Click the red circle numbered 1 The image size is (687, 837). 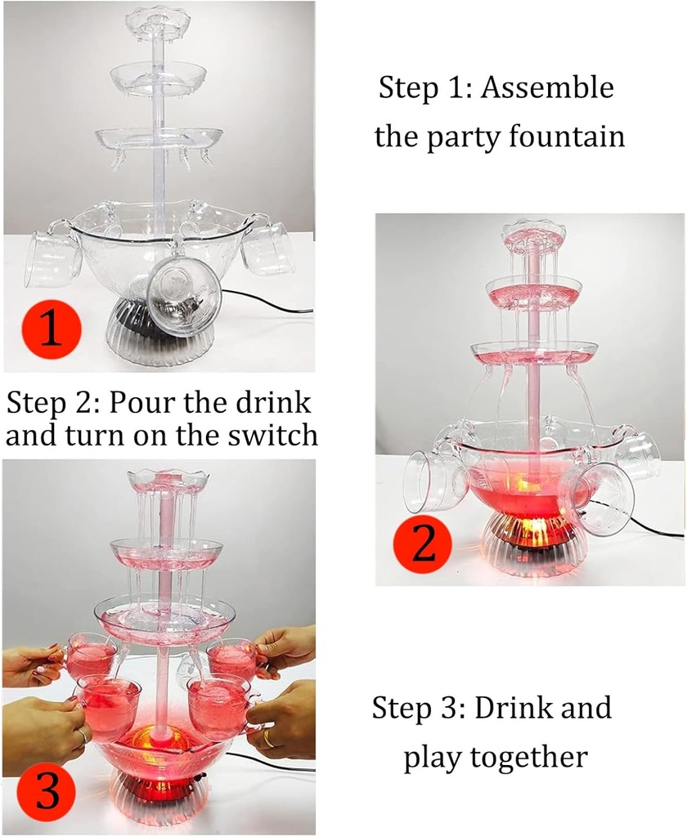point(50,329)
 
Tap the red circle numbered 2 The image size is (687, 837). point(423,544)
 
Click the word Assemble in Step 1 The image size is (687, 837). point(546,87)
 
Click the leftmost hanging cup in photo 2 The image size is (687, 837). point(434,482)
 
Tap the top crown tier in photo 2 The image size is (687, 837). point(533,235)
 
